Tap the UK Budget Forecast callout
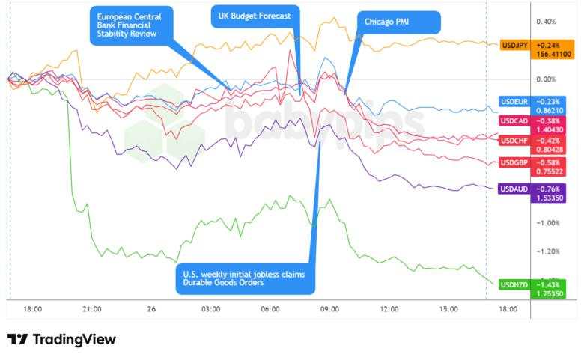click(255, 16)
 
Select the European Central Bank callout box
click(130, 26)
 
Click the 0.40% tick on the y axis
click(546, 22)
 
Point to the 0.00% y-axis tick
click(546, 79)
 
